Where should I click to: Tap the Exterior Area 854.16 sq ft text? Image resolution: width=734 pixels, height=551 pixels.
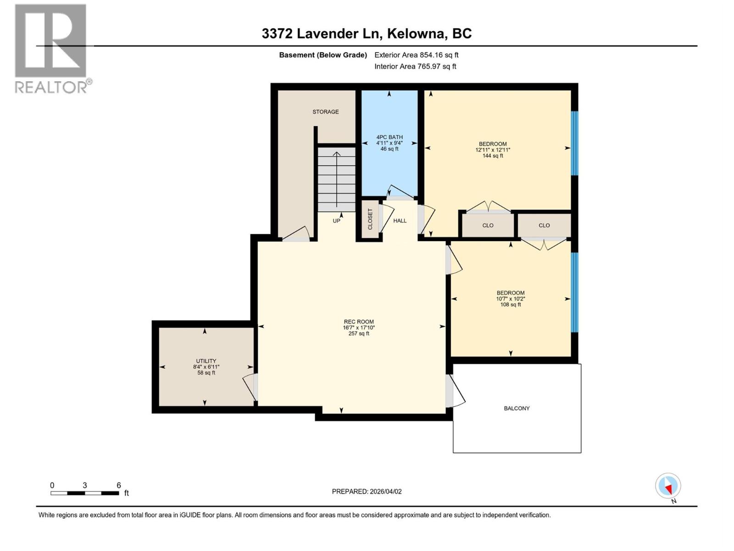(416, 55)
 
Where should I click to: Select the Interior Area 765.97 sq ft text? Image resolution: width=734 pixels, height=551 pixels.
(415, 66)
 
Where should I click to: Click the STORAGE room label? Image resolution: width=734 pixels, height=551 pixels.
(326, 112)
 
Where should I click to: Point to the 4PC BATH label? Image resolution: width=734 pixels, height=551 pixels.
(389, 142)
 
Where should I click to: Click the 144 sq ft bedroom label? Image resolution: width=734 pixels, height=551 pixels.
(493, 150)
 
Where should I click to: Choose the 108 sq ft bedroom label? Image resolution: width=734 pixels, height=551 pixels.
(510, 298)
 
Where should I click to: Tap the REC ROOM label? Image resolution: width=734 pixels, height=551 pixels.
(359, 327)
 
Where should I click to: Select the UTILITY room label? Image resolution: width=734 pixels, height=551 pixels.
(206, 366)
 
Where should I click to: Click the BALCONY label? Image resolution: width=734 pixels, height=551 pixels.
(517, 408)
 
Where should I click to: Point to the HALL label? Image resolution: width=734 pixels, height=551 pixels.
(400, 221)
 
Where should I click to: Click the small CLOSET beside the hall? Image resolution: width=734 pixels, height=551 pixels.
(371, 219)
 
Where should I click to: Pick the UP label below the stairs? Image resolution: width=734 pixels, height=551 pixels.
(336, 221)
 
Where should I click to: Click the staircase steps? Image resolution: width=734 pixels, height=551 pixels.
(337, 179)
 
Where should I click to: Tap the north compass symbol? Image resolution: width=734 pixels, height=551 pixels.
(668, 486)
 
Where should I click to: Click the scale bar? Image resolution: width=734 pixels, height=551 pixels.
(85, 493)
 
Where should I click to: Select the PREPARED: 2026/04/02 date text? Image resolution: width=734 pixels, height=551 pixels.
(367, 491)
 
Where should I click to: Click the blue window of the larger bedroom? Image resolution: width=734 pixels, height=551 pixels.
(574, 143)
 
